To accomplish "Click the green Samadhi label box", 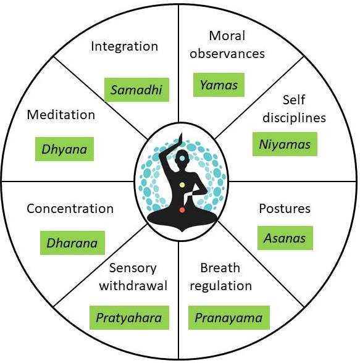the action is tap(136, 90).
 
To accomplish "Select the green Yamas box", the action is tap(219, 85).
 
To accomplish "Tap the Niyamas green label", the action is tap(285, 144).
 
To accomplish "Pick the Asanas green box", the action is tap(285, 238).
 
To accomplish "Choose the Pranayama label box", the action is tap(229, 317).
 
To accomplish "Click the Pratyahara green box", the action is tap(129, 317).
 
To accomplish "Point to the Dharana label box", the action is tap(72, 243).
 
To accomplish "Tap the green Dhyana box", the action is tap(64, 149).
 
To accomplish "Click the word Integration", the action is tap(125, 46).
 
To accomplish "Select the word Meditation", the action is tap(61, 115).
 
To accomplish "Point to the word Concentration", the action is tap(70, 209).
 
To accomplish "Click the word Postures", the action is tap(285, 209).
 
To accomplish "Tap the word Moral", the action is tap(227, 36).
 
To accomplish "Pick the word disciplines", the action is tap(295, 117).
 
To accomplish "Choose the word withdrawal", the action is tap(133, 285).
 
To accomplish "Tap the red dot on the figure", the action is tap(182, 210).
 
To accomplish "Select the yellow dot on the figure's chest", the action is tap(182, 185).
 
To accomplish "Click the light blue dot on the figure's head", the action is tap(182, 158).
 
